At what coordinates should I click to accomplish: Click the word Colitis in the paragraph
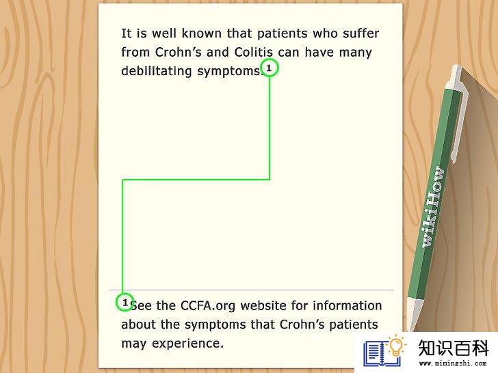click(253, 52)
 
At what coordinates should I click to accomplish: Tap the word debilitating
click(156, 71)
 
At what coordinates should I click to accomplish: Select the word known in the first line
click(201, 33)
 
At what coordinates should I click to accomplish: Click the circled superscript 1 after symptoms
click(269, 68)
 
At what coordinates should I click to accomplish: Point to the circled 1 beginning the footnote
click(124, 302)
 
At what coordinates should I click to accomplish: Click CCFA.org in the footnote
click(208, 306)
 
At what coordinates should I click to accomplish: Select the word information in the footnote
click(347, 306)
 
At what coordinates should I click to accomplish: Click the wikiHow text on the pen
click(432, 207)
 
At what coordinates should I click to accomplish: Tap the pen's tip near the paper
click(413, 329)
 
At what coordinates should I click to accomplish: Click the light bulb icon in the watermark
click(395, 345)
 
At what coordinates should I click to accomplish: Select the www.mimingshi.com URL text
click(453, 363)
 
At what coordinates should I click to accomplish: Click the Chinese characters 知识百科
click(454, 348)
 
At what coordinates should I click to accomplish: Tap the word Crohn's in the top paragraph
click(178, 52)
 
